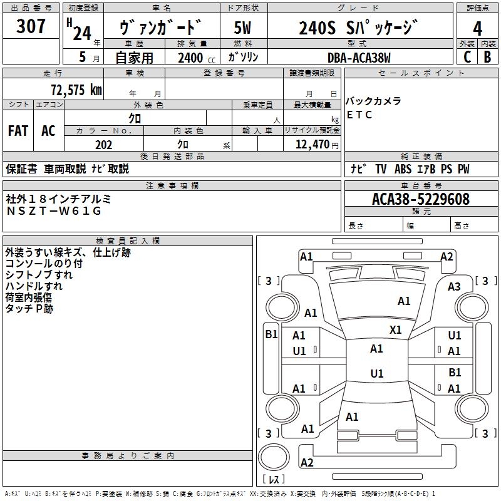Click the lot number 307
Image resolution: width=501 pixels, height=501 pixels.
pos(32,26)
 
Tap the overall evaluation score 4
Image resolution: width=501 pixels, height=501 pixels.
pos(478,29)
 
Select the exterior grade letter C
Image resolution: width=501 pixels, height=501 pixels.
pos(467,56)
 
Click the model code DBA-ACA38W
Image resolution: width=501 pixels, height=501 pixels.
pos(359,57)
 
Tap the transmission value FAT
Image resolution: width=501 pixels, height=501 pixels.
pos(18,130)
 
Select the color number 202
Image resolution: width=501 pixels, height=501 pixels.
pos(103,145)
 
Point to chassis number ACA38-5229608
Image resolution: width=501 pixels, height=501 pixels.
pos(420,199)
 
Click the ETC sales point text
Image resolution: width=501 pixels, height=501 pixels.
pos(359,115)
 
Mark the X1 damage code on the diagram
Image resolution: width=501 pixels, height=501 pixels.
pos(395,329)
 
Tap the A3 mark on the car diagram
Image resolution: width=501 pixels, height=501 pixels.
pos(454,287)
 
